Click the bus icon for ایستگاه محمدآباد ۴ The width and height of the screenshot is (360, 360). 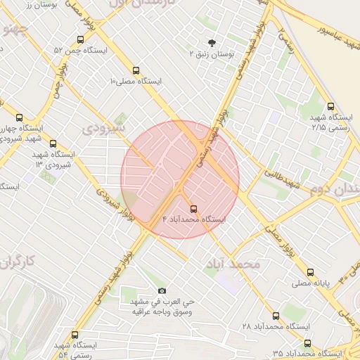pos(194,209)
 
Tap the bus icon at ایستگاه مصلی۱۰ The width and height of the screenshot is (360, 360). pos(136,70)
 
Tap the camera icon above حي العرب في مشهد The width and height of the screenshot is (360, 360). pos(162,290)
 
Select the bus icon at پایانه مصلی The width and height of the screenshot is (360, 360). pos(311,271)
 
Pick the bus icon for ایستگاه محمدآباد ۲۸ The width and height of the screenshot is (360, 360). pos(276,316)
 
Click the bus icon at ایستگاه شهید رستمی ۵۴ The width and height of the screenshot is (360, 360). pos(75,335)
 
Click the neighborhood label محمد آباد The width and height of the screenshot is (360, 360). pos(233,264)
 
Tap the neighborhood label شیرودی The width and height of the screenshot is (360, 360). pos(103,128)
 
